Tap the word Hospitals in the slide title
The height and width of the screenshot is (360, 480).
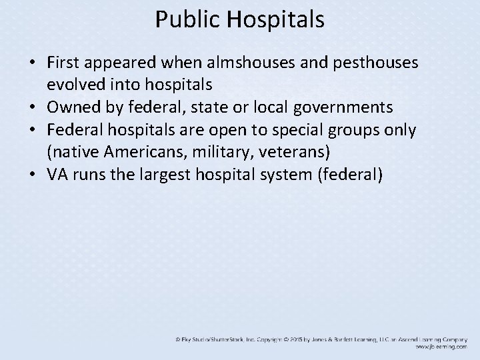click(x=275, y=19)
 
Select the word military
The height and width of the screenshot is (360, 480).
click(x=214, y=152)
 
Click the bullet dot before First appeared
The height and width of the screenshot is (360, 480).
click(x=32, y=63)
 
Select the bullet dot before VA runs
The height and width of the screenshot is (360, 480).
click(x=32, y=175)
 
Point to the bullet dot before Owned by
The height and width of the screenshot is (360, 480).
click(x=32, y=108)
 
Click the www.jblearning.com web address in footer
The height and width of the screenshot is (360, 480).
click(x=441, y=347)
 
